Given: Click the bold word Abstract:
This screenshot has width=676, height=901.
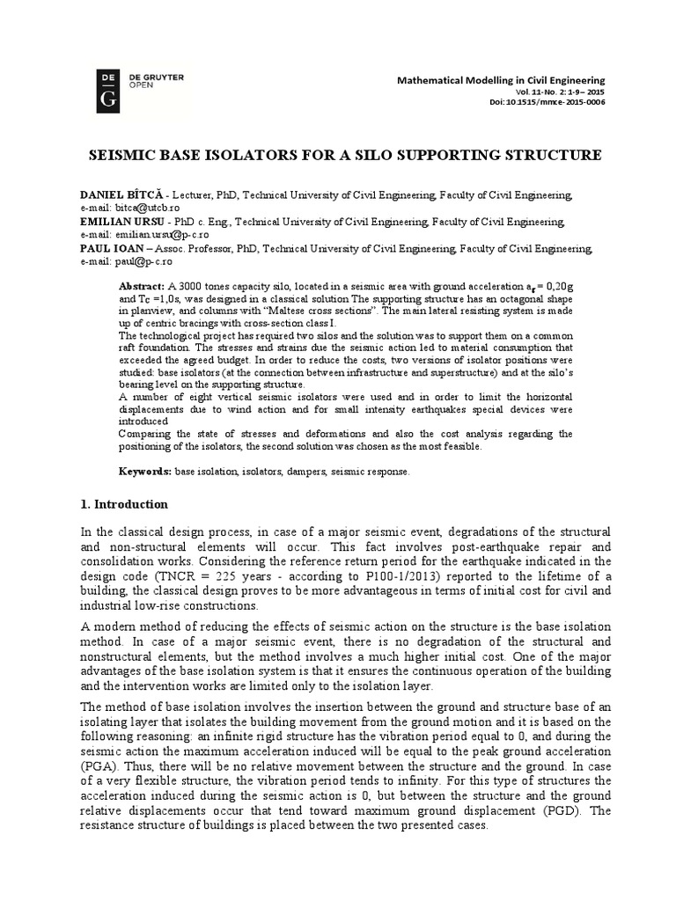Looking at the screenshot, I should click(141, 288).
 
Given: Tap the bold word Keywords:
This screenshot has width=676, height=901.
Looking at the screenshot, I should click(145, 472).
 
